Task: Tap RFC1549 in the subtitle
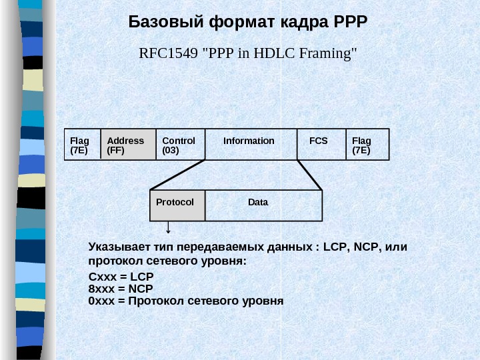pos(162,53)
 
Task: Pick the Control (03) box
pos(181,145)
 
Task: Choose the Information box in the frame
pos(251,144)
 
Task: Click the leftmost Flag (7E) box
pos(82,145)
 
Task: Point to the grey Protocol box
pos(177,205)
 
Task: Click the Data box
pos(263,205)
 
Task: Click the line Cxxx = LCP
pos(121,277)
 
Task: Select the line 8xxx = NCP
pos(121,289)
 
